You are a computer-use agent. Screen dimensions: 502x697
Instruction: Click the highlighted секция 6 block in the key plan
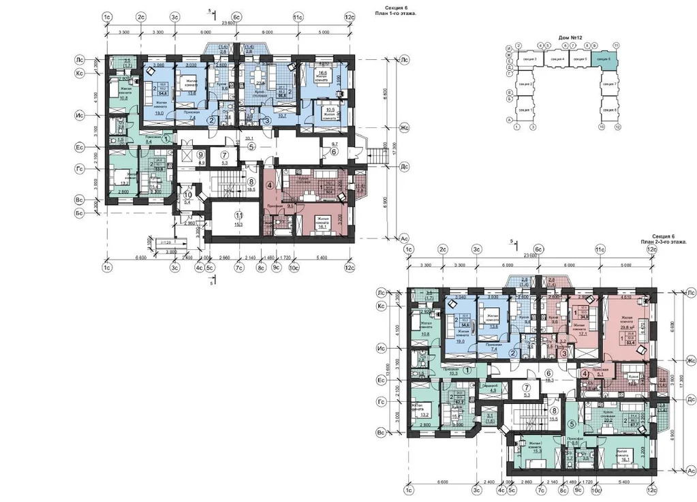coord(602,59)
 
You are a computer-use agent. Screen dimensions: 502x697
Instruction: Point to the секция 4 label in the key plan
coord(556,60)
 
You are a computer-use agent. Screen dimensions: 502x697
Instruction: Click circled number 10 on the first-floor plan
coord(187,195)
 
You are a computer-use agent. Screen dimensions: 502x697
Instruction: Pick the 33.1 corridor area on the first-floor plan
coord(242,138)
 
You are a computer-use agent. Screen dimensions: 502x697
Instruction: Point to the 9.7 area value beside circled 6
coord(335,145)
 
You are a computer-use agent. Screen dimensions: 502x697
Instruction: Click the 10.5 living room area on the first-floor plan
coord(330,109)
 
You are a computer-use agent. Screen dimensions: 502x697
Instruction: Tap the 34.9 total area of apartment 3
coord(583,316)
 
